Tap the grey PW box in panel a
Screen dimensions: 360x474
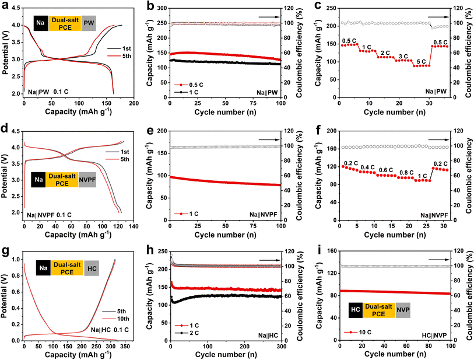tap(89, 25)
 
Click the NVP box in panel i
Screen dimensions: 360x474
tap(403, 310)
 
